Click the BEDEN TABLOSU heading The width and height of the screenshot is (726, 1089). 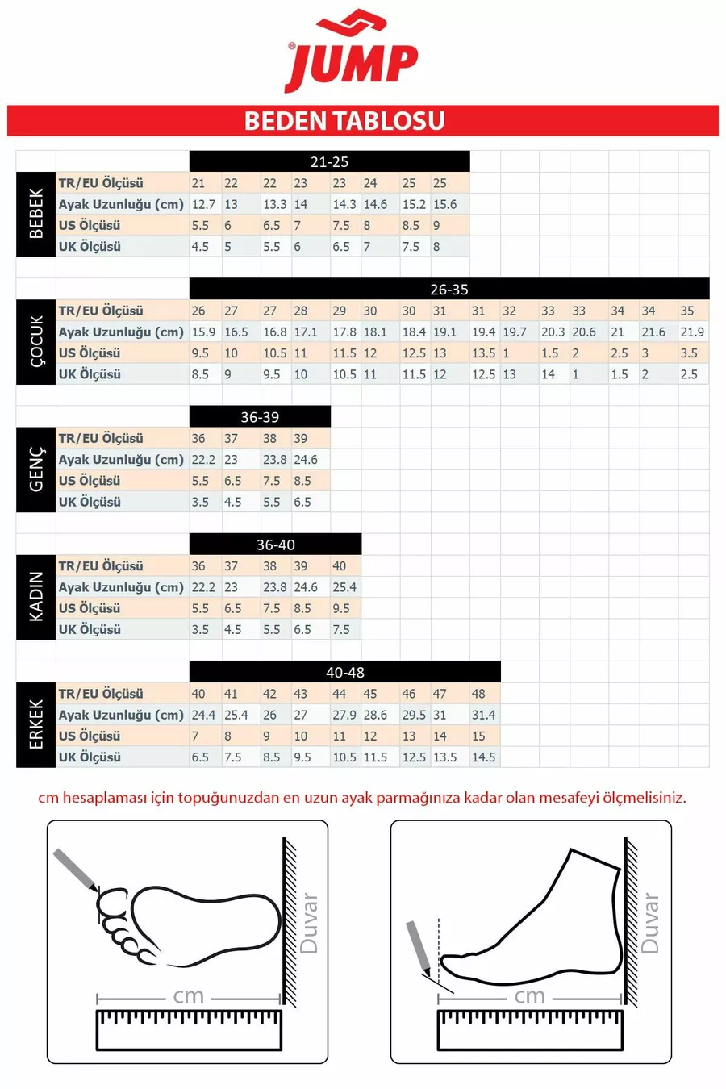pyautogui.click(x=344, y=121)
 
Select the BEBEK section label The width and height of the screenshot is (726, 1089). pyautogui.click(x=36, y=214)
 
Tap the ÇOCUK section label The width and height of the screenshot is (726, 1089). pyautogui.click(x=36, y=341)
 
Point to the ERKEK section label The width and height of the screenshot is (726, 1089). pyautogui.click(x=36, y=724)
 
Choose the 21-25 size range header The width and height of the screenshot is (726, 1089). pyautogui.click(x=329, y=161)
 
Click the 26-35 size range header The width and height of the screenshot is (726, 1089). pyautogui.click(x=449, y=289)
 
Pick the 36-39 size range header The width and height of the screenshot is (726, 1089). pyautogui.click(x=260, y=417)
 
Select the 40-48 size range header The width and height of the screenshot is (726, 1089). pyautogui.click(x=345, y=672)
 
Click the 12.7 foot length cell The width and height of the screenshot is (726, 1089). pyautogui.click(x=203, y=204)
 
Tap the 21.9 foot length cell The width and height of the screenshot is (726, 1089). pyautogui.click(x=692, y=332)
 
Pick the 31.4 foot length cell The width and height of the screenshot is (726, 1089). pyautogui.click(x=484, y=715)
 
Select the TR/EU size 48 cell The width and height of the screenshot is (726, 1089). pyautogui.click(x=479, y=694)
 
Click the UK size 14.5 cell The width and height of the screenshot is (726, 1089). pyautogui.click(x=484, y=757)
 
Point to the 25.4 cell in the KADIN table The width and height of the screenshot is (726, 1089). pyautogui.click(x=344, y=587)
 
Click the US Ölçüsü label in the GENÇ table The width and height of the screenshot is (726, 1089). pyautogui.click(x=90, y=481)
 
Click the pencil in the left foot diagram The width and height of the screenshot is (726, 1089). pyautogui.click(x=75, y=870)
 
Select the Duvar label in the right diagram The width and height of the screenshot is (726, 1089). pyautogui.click(x=649, y=923)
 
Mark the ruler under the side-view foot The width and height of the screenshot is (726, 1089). pyautogui.click(x=530, y=1029)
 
